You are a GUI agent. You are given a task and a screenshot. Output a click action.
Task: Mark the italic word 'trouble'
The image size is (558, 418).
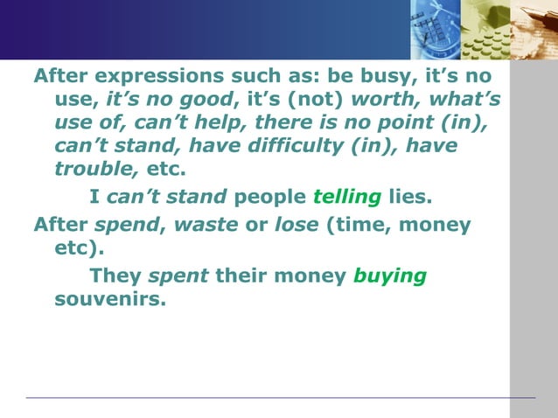[87, 167]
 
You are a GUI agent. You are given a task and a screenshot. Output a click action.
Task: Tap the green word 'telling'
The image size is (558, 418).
[348, 196]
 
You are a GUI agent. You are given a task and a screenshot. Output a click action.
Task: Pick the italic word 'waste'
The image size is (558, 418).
[206, 225]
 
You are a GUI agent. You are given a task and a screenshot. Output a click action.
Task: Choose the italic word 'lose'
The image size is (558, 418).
[296, 225]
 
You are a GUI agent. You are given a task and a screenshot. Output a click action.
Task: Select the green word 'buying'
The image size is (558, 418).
[389, 277]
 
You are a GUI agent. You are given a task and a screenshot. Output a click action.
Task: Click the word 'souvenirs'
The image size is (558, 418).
[109, 299]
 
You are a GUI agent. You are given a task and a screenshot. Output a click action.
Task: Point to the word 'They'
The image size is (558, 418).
[115, 276]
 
